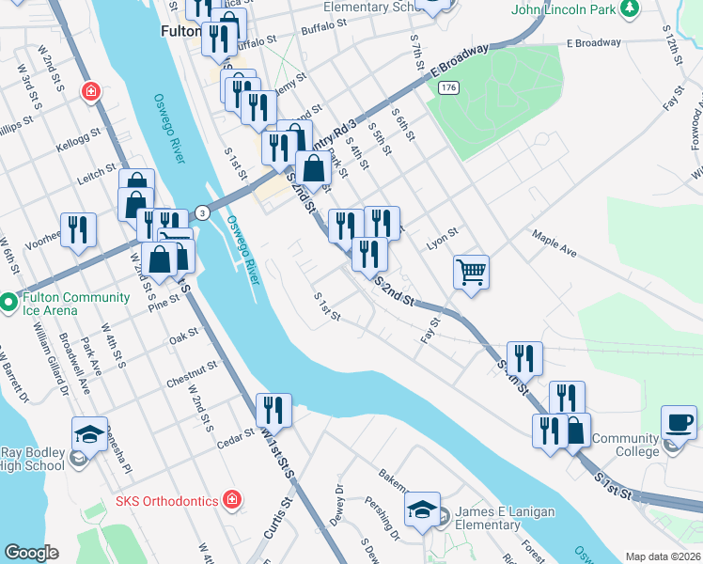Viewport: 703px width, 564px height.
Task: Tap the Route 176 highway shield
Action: [x=447, y=87]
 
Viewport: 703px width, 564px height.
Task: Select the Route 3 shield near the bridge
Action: [x=202, y=213]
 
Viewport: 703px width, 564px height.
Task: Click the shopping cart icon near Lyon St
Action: [x=471, y=272]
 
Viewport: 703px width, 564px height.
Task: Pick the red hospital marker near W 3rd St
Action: [x=90, y=92]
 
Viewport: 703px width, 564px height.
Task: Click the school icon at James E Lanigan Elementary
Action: [x=423, y=509]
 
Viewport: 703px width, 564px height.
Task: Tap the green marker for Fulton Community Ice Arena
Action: [x=9, y=303]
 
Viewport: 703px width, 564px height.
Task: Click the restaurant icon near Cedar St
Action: [x=273, y=409]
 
